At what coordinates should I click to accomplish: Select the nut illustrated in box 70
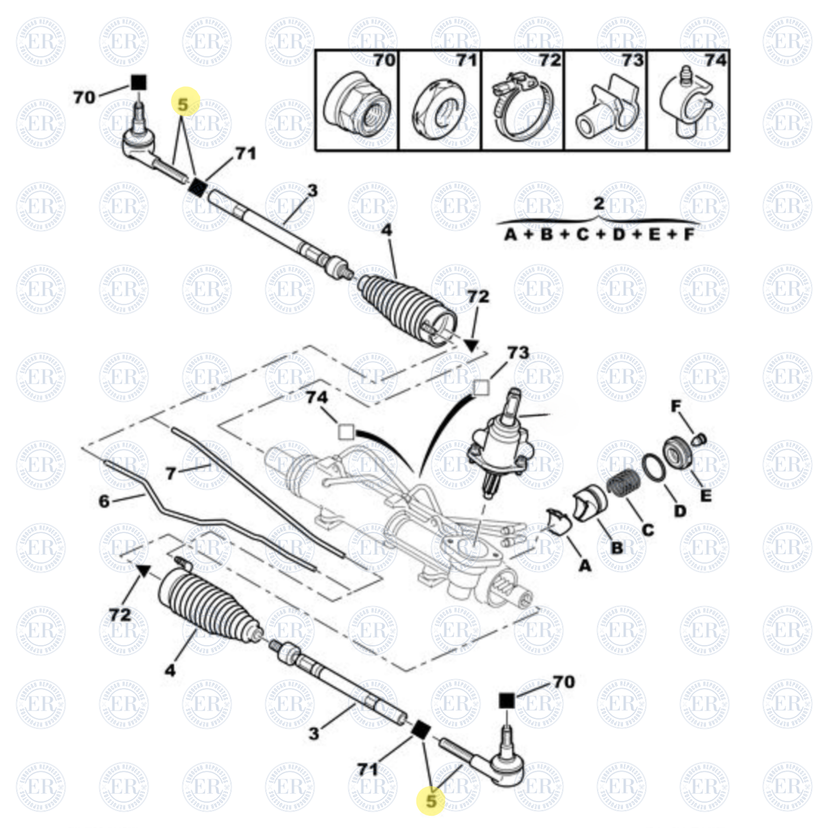(356, 106)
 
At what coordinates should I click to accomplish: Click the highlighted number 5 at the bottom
(431, 800)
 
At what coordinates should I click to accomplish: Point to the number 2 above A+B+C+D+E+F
(599, 203)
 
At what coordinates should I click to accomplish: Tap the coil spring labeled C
(619, 486)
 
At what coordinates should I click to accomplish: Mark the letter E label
(705, 496)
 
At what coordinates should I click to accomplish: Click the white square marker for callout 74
(346, 432)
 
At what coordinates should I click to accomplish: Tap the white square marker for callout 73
(481, 388)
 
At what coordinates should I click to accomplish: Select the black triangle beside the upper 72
(471, 345)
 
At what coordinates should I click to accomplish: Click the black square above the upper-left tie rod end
(138, 83)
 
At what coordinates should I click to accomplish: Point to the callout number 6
(104, 501)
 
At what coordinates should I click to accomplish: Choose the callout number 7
(171, 474)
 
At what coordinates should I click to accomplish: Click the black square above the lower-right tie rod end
(507, 700)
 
